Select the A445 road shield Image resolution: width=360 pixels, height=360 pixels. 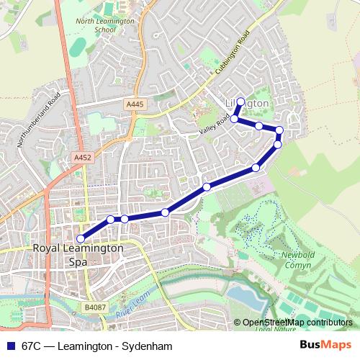click(135, 104)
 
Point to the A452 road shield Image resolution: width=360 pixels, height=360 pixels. click(81, 156)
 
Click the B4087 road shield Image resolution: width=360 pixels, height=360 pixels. click(94, 307)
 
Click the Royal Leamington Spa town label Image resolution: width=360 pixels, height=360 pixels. click(78, 255)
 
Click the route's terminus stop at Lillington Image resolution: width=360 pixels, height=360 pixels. click(240, 102)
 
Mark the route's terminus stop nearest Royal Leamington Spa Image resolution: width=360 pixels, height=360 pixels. click(81, 239)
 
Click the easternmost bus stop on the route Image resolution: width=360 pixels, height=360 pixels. click(279, 130)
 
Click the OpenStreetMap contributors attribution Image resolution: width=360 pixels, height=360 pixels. click(297, 323)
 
